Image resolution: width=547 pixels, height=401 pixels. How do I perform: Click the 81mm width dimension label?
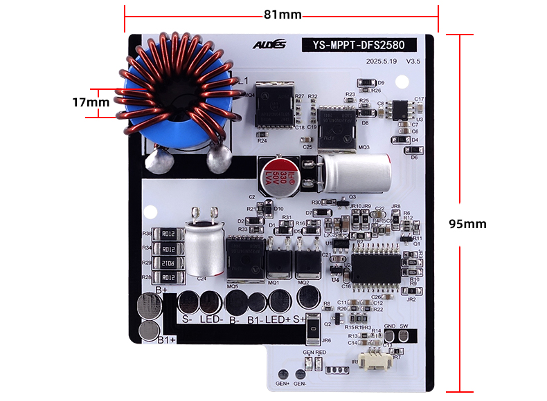283,14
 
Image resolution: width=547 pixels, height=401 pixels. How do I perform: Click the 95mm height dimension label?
467,224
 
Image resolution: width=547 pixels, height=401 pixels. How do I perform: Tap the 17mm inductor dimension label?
90,102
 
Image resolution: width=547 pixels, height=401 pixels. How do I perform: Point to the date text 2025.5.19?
381,62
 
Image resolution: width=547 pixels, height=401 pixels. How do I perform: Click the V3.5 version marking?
413,62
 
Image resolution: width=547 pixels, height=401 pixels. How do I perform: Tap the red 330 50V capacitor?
276,175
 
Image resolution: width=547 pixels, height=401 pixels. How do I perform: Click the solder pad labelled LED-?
210,301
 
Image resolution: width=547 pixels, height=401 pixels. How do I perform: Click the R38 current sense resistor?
168,234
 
